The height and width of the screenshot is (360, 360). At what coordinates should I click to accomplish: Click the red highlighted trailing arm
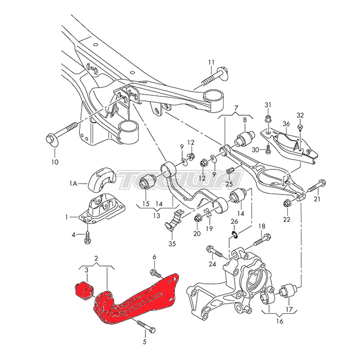click(140, 301)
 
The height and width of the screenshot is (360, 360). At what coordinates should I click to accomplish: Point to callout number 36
click(286, 123)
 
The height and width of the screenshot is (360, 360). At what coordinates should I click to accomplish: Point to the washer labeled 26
click(234, 237)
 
